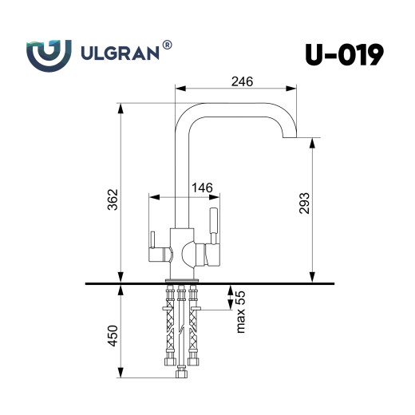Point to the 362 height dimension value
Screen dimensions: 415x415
click(113, 199)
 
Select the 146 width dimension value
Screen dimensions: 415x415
click(203, 188)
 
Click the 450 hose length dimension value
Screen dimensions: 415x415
click(113, 335)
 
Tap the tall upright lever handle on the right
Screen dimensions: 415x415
click(213, 225)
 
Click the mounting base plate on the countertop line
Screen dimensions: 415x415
click(181, 279)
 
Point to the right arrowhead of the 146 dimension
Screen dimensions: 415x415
click(214, 196)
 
